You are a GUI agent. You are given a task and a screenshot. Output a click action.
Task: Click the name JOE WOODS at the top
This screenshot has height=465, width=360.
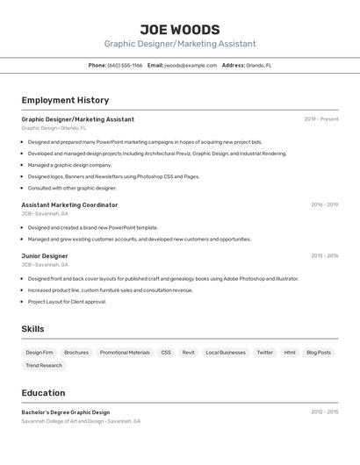[x=180, y=29]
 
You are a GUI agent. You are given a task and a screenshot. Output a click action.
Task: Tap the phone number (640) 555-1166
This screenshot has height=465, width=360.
[x=125, y=65]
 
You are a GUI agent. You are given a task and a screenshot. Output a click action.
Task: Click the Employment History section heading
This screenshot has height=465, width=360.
[x=65, y=100]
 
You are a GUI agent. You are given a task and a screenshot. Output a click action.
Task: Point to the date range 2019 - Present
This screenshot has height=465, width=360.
[x=321, y=118]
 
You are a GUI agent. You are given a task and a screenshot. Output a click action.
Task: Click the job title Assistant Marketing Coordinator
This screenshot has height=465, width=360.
[x=69, y=204]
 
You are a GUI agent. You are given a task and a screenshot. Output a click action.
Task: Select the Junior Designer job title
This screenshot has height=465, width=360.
[x=45, y=255]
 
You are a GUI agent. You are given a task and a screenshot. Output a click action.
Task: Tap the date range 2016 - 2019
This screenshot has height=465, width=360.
[x=324, y=204]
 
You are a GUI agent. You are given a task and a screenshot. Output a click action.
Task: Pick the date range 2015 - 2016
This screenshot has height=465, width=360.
[x=324, y=255]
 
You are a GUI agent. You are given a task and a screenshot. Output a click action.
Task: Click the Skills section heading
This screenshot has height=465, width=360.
[x=33, y=329]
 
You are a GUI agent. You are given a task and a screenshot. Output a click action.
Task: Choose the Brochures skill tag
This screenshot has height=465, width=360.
[x=76, y=352]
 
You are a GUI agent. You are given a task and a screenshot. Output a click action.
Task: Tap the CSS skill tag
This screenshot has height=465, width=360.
[x=166, y=352]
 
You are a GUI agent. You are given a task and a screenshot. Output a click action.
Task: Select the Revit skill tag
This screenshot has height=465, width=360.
[x=189, y=352]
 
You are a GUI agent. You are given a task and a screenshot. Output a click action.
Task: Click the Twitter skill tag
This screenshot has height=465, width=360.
[x=264, y=352]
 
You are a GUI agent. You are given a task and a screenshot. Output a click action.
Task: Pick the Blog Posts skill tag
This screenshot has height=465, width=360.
[x=319, y=352]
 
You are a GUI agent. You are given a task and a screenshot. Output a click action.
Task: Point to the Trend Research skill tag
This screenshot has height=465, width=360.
[x=44, y=365]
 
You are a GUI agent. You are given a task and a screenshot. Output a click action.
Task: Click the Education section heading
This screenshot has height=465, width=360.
[x=43, y=392]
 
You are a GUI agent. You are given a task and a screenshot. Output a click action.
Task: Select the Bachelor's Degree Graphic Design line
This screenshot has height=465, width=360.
[x=66, y=411]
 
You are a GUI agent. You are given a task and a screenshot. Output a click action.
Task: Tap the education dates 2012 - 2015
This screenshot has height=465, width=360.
[x=324, y=411]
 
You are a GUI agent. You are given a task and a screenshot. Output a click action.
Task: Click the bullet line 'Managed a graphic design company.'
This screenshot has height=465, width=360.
[x=69, y=164]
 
